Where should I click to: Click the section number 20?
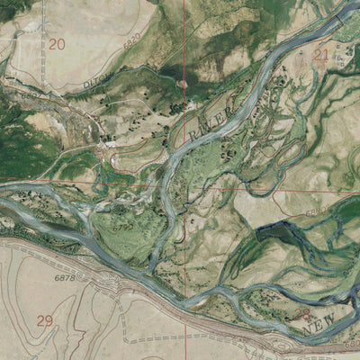(x=58, y=43)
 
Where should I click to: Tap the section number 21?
(x=321, y=55)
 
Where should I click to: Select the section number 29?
(x=45, y=320)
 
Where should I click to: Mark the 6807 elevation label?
(x=30, y=94)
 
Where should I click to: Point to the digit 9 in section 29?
(x=49, y=320)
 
